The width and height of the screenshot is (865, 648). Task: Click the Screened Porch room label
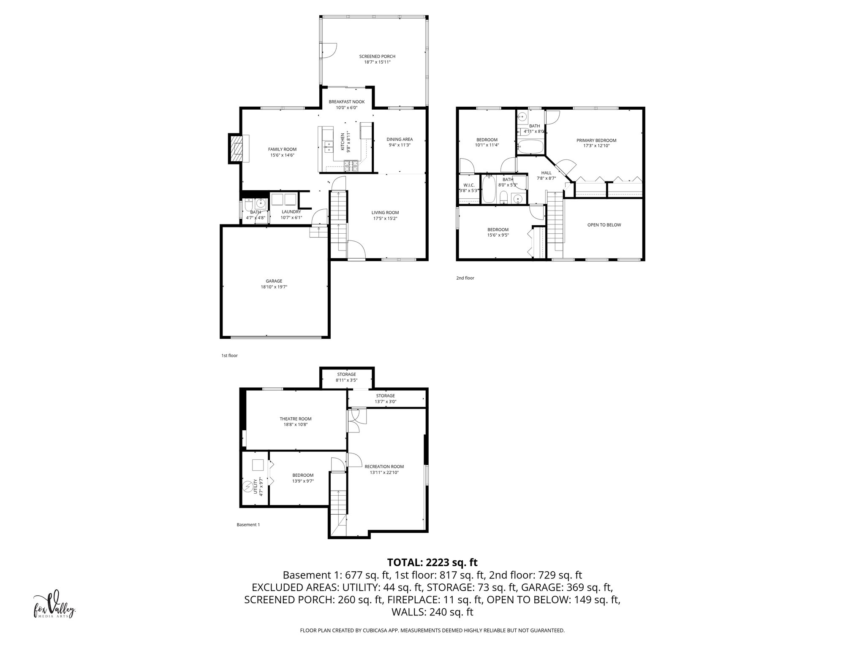(377, 56)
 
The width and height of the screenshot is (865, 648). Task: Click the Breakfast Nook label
(346, 102)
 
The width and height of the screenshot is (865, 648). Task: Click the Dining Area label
(400, 139)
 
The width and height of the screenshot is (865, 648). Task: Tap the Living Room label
(385, 213)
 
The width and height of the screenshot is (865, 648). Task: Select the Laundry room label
(291, 212)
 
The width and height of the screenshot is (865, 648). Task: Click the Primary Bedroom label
(596, 140)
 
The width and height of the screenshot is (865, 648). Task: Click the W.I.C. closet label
(469, 185)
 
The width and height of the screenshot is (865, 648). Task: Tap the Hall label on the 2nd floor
(546, 173)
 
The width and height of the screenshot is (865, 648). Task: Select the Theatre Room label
(295, 419)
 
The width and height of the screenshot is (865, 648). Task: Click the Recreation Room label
(384, 467)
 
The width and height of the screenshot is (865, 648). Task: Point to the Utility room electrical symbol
(248, 487)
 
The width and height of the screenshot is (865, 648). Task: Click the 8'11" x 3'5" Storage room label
(346, 374)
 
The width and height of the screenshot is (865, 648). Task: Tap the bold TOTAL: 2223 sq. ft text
(432, 562)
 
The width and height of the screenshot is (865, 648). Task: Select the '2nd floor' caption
(465, 278)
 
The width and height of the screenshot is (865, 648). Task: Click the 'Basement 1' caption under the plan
(248, 525)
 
